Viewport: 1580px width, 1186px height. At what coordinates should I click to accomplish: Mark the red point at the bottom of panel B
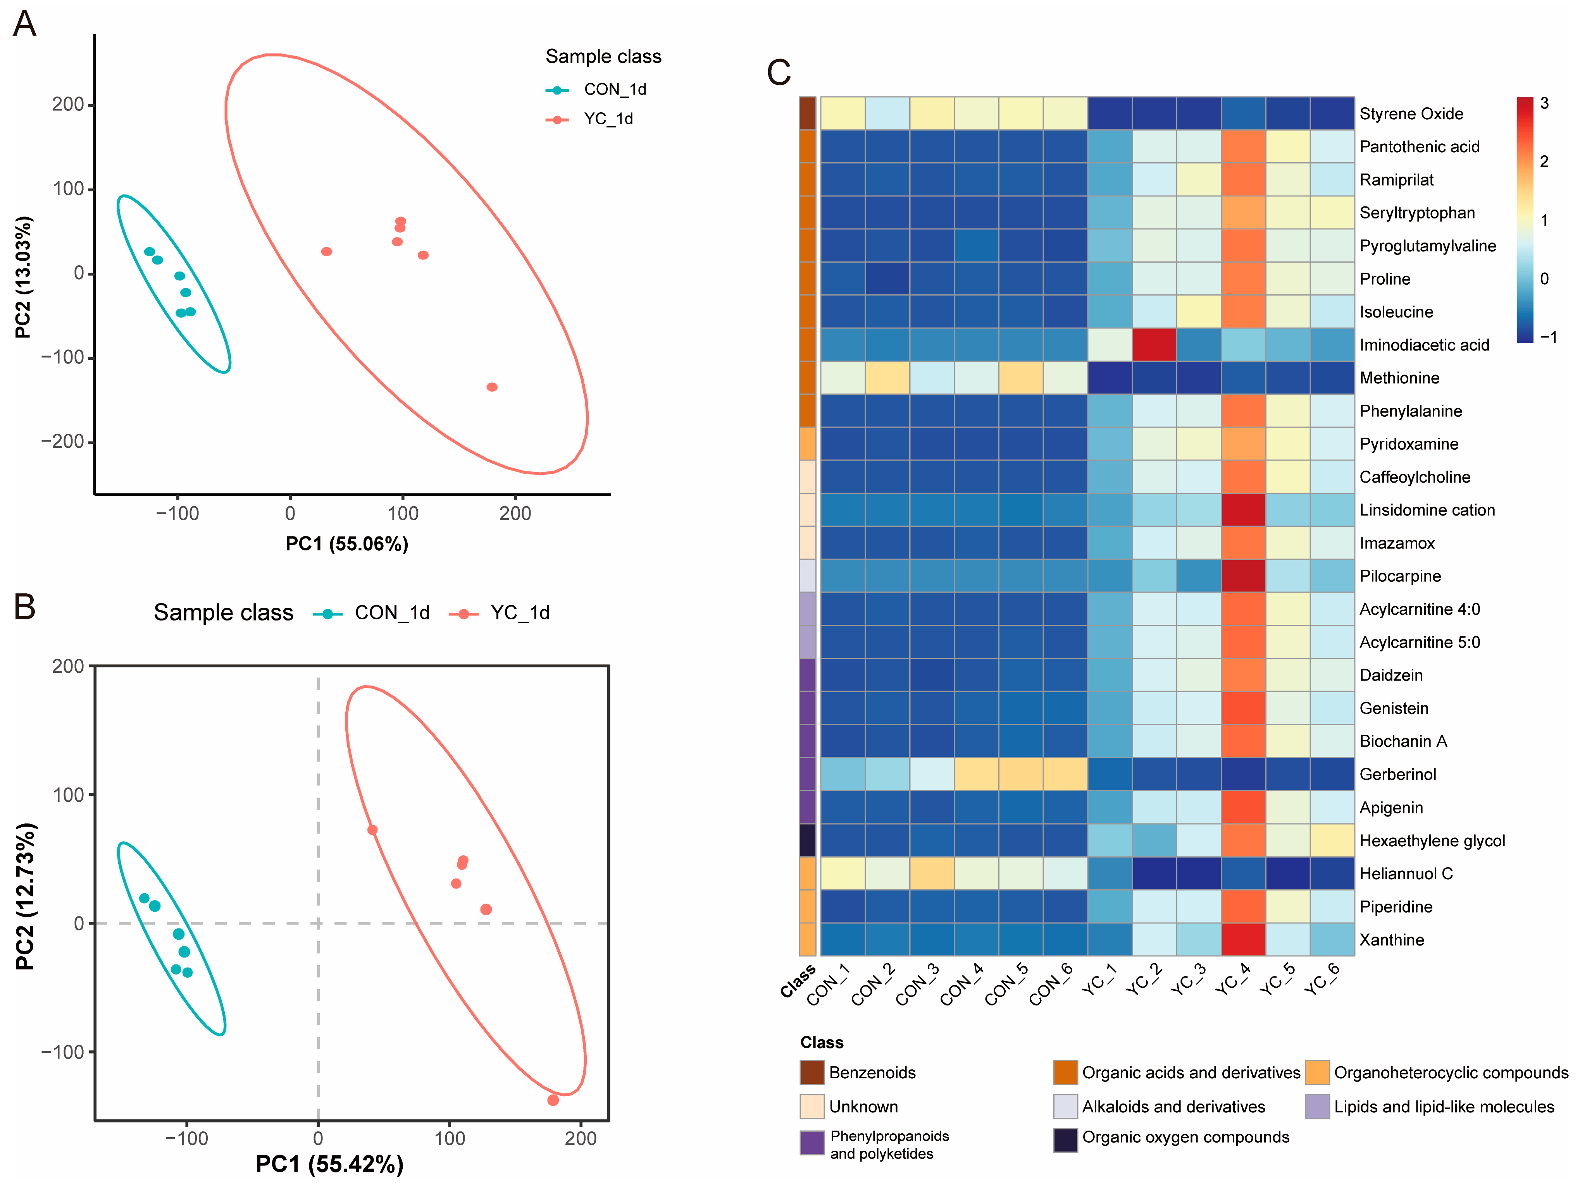553,1100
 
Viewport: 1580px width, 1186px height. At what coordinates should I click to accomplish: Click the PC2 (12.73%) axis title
25,896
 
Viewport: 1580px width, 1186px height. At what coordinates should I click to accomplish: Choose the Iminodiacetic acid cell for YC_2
1154,345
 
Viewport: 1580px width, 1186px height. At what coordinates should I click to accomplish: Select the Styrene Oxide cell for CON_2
887,113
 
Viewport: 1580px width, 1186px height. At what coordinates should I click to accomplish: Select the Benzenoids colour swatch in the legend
812,1073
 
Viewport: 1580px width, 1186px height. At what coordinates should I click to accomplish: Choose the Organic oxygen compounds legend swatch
1065,1140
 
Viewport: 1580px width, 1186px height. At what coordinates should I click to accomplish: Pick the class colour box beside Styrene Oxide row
807,113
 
